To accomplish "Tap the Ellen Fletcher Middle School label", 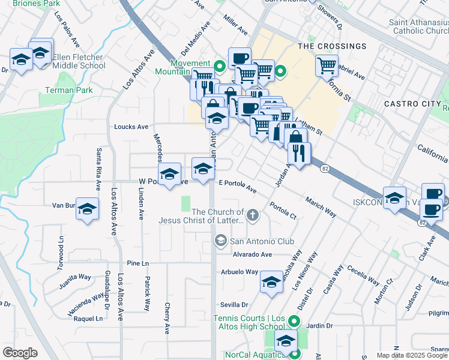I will pos(79,61).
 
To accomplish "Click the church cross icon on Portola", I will pos(253,214).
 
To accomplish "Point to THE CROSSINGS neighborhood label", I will pos(331,46).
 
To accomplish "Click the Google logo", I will pos(20,353).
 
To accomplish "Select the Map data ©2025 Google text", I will pos(412,355).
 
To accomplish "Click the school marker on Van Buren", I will pos(88,209).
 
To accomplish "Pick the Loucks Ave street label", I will pos(131,127).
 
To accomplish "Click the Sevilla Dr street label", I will pos(234,304).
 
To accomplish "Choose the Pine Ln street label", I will pos(138,263).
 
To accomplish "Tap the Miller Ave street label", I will pos(235,25).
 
